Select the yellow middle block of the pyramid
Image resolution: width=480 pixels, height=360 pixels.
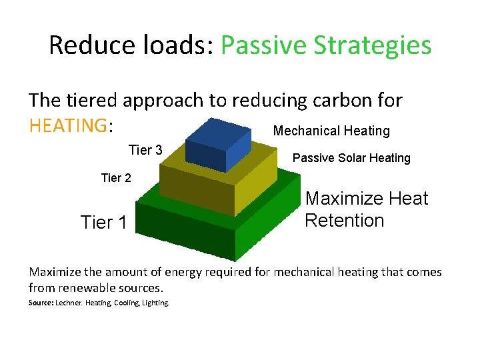(x=200, y=190)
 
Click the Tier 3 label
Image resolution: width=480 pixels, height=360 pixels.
(x=145, y=150)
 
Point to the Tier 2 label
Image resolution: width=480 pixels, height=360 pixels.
(x=116, y=178)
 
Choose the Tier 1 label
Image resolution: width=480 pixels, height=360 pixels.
(x=103, y=222)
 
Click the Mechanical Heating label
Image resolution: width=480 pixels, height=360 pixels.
(x=331, y=131)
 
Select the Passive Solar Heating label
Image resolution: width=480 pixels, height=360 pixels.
(x=351, y=158)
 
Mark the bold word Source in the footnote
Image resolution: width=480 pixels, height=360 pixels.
(x=42, y=303)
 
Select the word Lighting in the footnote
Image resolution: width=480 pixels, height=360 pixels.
(x=155, y=303)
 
